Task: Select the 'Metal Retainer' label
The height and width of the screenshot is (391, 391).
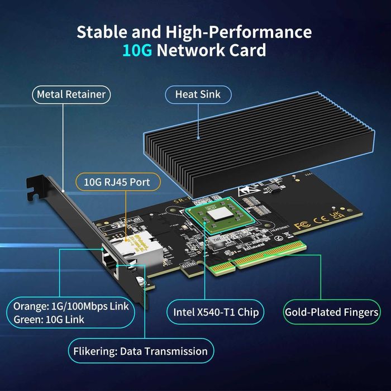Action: pyautogui.click(x=71, y=94)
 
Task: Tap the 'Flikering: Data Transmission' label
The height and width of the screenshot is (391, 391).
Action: pyautogui.click(x=140, y=351)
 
